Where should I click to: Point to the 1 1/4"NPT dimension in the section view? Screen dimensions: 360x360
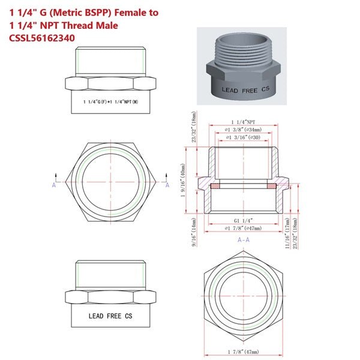[x=244, y=122]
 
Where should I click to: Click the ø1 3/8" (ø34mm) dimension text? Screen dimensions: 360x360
[x=244, y=129]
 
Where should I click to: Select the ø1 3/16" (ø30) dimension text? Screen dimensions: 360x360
[x=244, y=138]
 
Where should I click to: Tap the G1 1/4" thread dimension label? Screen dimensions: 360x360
[x=244, y=221]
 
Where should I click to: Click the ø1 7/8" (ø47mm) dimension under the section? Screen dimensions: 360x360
[x=244, y=229]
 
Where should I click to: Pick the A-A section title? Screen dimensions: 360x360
[x=244, y=239]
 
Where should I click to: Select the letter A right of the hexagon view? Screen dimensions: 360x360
[x=167, y=185]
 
